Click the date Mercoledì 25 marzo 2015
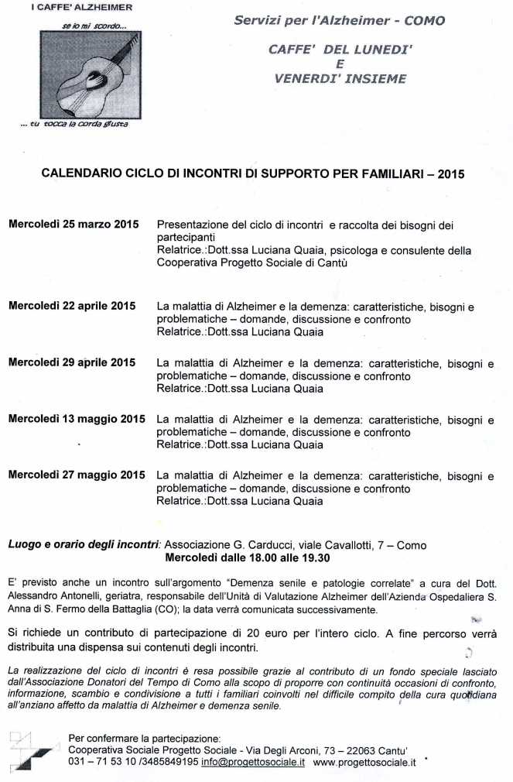tap(74, 225)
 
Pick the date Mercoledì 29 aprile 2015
tap(72, 362)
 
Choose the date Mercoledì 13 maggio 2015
tap(76, 419)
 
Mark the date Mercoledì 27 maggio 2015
tap(76, 475)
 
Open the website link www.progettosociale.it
tap(365, 762)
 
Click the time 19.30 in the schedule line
tap(313, 557)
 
